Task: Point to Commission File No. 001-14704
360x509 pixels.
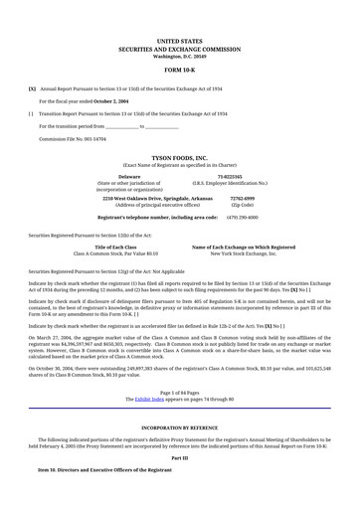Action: pos(71,139)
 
